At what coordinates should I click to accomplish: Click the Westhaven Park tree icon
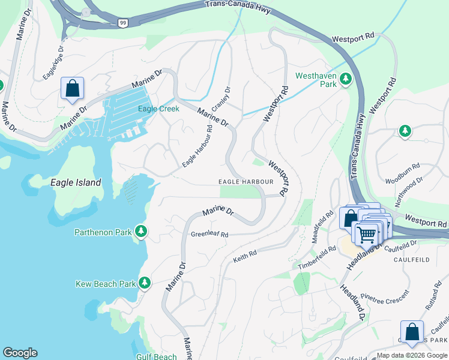pos(346,79)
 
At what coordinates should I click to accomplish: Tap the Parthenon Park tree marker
pos(141,231)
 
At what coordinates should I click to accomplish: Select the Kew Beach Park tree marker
pos(144,283)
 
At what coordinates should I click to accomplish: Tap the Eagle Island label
pos(76,182)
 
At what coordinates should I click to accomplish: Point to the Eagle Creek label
pos(158,109)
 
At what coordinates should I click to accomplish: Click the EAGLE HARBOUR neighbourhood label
pos(246,181)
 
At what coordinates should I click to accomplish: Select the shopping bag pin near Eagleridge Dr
pos(72,89)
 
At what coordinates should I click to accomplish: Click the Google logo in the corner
pos(20,353)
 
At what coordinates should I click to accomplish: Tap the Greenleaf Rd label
pos(209,235)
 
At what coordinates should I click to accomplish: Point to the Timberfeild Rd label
pos(317,258)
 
